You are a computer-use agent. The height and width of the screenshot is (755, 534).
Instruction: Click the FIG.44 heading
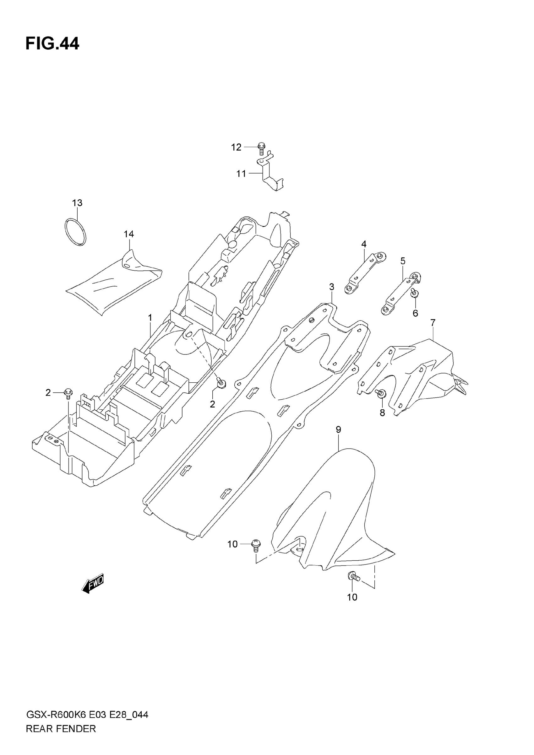point(52,44)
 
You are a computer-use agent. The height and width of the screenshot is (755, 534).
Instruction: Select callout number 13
point(77,203)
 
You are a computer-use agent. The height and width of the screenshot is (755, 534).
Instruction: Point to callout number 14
point(129,234)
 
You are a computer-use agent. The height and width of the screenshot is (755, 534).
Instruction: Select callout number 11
point(241,174)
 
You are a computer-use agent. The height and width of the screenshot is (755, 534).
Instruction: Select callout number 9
point(338,429)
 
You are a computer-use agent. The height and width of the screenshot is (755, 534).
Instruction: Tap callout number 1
point(150,318)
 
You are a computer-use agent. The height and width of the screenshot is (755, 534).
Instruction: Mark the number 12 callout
point(236,147)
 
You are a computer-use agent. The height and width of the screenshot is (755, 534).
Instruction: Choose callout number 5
point(403,261)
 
